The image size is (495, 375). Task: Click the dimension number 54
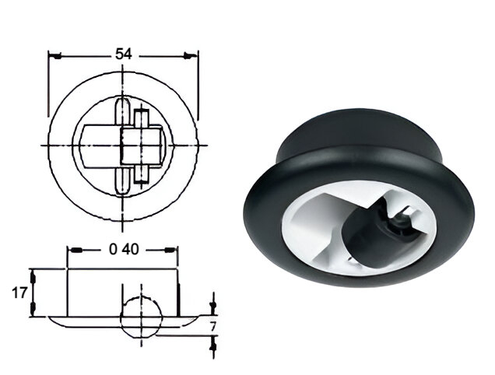tap(123, 54)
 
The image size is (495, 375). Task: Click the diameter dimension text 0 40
tap(123, 250)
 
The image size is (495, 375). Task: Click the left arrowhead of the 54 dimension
tap(53, 54)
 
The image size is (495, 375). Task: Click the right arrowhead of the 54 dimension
tap(193, 54)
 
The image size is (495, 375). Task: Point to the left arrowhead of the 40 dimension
tap(72, 250)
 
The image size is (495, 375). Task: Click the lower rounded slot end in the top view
tap(123, 187)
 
